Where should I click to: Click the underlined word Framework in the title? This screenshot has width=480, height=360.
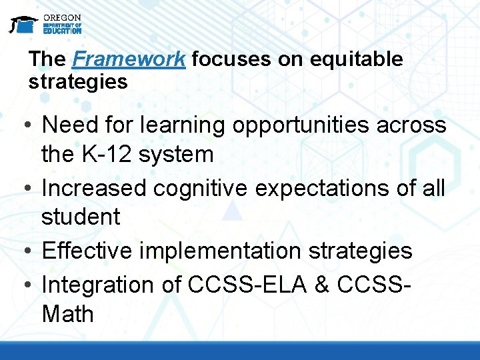[129, 59]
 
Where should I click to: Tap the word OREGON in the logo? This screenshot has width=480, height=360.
[62, 17]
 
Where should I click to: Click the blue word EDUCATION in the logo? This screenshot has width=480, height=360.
[62, 31]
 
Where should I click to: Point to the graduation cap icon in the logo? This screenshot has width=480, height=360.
[23, 24]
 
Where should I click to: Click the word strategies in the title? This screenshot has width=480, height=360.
[77, 82]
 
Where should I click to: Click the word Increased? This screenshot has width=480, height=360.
[94, 188]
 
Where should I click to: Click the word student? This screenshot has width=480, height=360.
[81, 217]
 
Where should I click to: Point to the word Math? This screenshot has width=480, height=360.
[68, 313]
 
